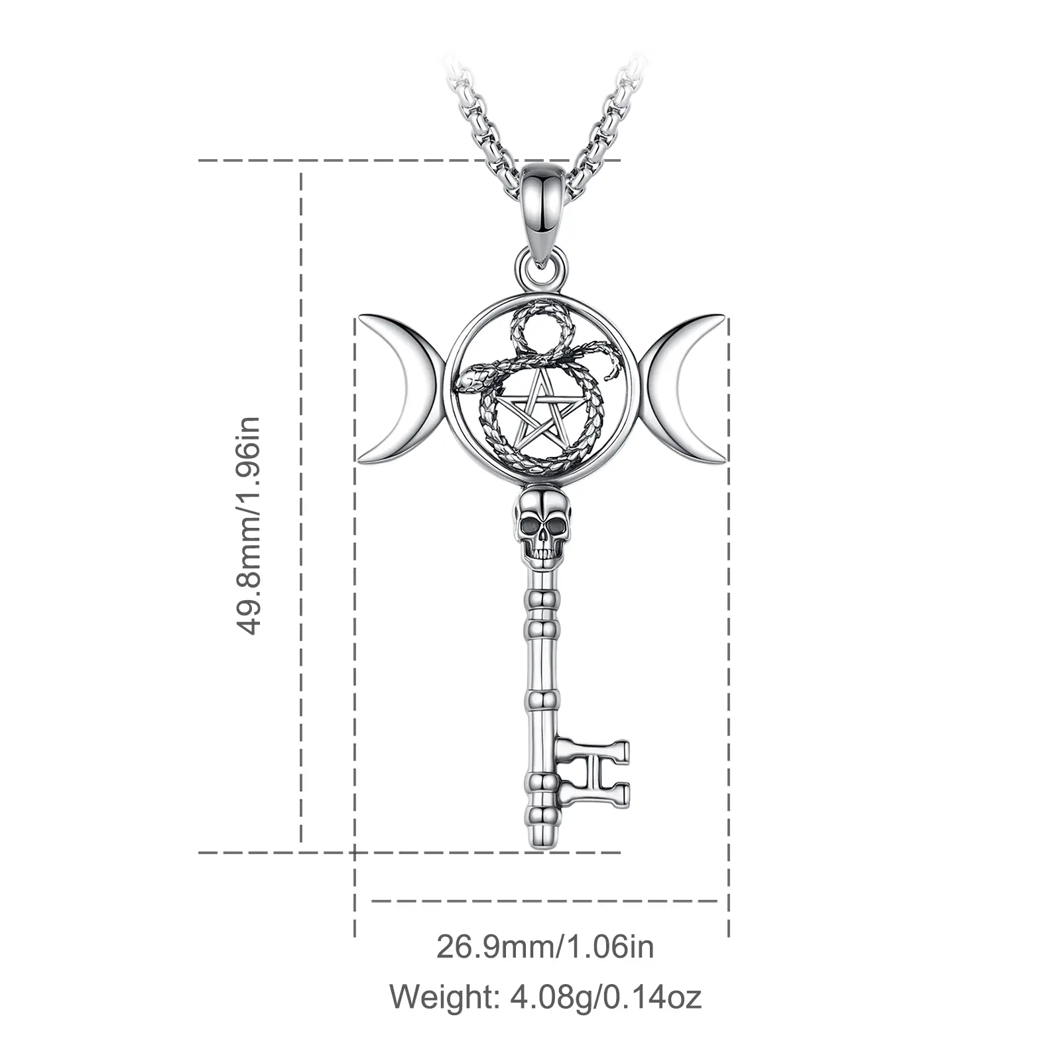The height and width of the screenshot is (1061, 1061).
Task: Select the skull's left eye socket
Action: pyautogui.click(x=530, y=527)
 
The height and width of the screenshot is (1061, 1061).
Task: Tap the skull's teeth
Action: pyautogui.click(x=542, y=553)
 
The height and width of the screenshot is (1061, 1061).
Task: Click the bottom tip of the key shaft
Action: pyautogui.click(x=542, y=841)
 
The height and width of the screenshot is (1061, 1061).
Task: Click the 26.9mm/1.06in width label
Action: pyautogui.click(x=545, y=946)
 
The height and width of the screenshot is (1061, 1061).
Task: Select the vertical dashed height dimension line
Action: pyautogui.click(x=302, y=504)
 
